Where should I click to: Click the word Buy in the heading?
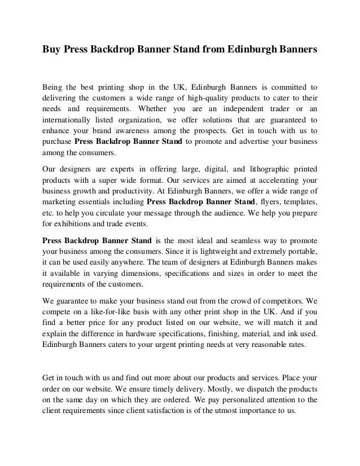coord(52,50)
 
